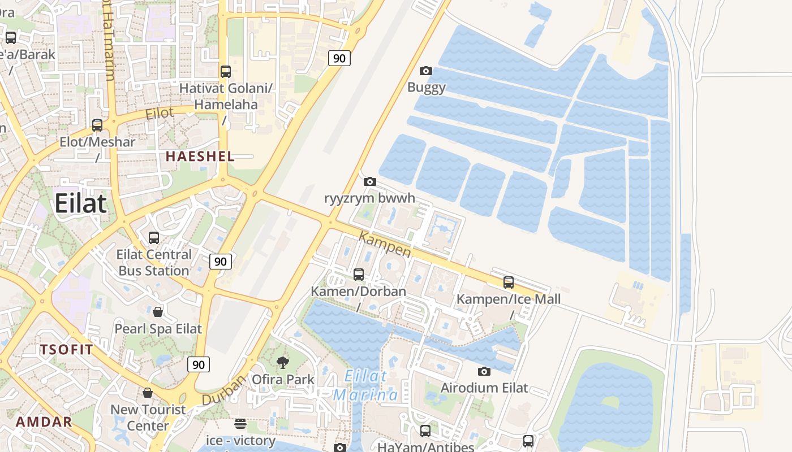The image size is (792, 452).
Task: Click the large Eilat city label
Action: coord(80,203)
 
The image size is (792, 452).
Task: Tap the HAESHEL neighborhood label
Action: coord(200,157)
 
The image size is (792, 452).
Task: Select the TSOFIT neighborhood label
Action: coord(66,350)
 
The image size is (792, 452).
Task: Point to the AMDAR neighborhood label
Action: coord(44,421)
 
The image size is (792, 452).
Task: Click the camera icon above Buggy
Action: coord(426,71)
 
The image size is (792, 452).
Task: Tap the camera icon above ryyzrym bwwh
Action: coord(369,182)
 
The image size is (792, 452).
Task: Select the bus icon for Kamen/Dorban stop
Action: coord(359,275)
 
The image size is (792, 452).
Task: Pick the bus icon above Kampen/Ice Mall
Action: coord(509,282)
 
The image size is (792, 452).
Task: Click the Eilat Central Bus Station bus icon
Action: coord(153,238)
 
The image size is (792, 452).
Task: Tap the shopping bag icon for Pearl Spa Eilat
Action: coord(158,312)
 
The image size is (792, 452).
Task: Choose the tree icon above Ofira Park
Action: coord(282,362)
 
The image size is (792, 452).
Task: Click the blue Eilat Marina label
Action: coord(366,385)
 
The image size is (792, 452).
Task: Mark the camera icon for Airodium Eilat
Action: coord(484,371)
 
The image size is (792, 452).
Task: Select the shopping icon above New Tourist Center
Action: coord(148,393)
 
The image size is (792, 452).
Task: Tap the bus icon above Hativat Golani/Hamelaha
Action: coord(226,72)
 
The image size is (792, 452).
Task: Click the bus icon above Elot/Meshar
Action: coord(97,125)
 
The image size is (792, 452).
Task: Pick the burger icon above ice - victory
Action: coord(240,424)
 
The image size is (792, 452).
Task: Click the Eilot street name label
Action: coord(160,113)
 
